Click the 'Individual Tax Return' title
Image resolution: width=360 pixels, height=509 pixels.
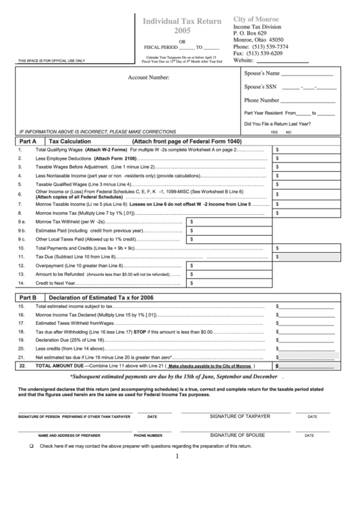(181, 22)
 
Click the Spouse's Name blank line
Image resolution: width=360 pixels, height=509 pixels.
(307, 75)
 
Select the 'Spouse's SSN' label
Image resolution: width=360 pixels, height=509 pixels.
(261, 87)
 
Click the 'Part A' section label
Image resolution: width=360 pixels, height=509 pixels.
(28, 141)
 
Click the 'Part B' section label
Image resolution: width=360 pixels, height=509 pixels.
(28, 298)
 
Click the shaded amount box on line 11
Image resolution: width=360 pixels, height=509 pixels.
(304, 257)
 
